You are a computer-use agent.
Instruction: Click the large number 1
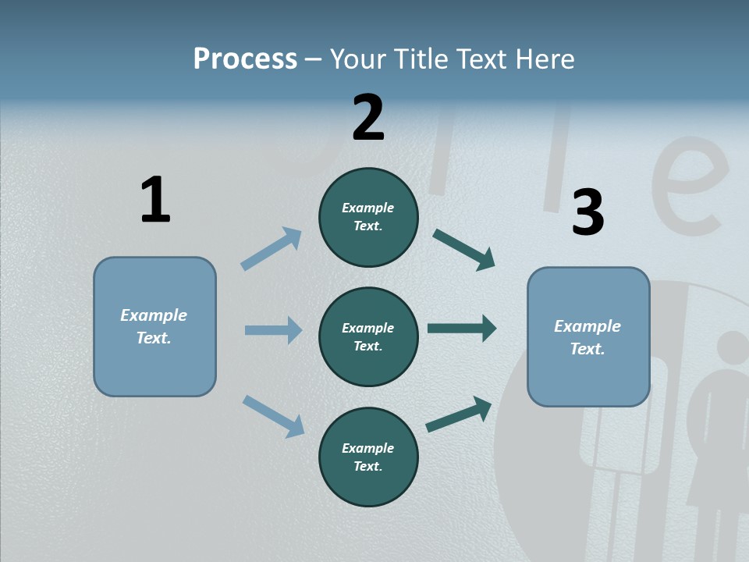tap(155, 200)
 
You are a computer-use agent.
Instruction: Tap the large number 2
tap(368, 117)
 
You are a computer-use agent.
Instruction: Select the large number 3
tap(587, 212)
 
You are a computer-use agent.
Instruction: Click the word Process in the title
tap(245, 59)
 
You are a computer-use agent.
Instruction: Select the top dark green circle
tap(368, 217)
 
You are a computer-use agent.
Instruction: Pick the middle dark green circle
tap(368, 336)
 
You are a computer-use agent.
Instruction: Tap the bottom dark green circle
tap(368, 457)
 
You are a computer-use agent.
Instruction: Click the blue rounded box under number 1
tap(154, 326)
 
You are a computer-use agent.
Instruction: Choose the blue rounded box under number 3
tap(588, 336)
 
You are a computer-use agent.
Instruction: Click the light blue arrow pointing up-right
tap(272, 248)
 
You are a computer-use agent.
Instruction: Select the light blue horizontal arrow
tap(273, 330)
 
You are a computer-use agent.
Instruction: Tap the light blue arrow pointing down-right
tap(273, 416)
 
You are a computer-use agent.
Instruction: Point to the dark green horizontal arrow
tap(462, 329)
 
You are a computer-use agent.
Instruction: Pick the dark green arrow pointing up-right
tap(459, 414)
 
